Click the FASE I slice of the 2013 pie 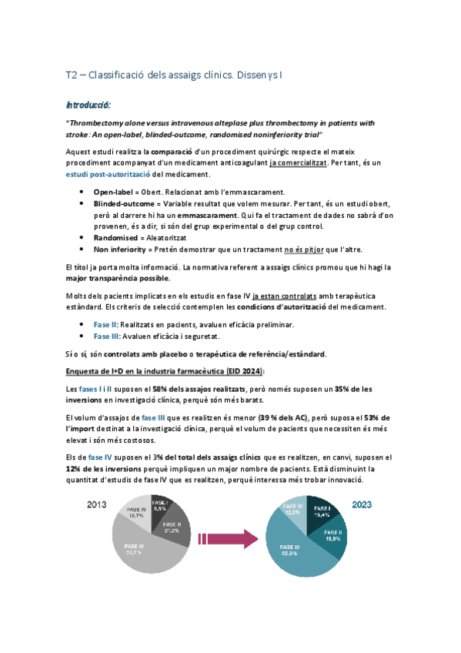point(160,506)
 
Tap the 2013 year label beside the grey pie point(96,506)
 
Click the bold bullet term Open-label point(115,192)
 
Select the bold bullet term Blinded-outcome point(124,203)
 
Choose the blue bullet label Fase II point(105,325)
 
